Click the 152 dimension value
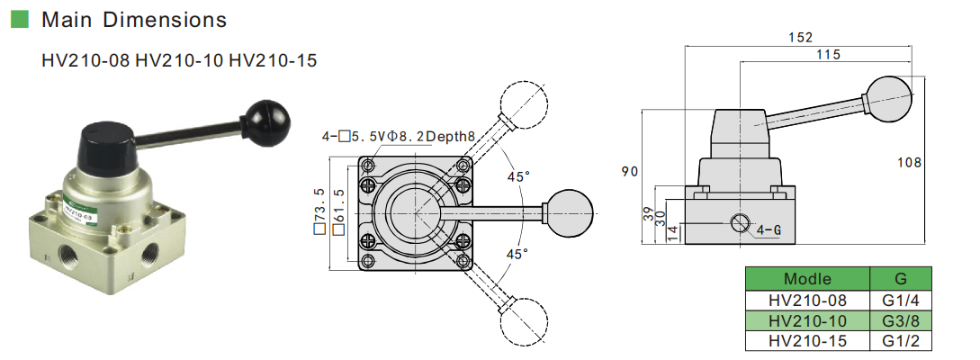[801, 37]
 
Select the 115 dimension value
[828, 55]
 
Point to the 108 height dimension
[911, 162]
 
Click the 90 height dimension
[631, 171]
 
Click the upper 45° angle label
[517, 177]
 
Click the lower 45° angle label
[517, 254]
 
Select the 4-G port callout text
[768, 229]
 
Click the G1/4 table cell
[901, 301]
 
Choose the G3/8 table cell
[901, 320]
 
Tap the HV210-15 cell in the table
[807, 341]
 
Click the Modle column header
[807, 279]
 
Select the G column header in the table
[901, 279]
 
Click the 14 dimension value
[670, 231]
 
